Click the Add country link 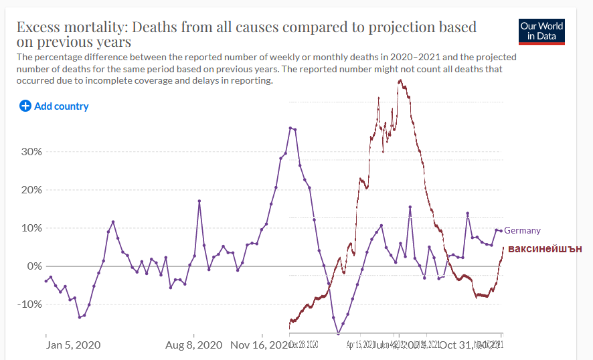point(61,106)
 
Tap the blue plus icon point(25,106)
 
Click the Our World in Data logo point(541,31)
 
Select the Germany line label point(522,230)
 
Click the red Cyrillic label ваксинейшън point(545,249)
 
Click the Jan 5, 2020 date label point(73,345)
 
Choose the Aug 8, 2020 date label point(194,345)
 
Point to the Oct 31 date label point(455,345)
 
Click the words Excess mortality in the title point(72,27)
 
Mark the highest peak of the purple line point(290,127)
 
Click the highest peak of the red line point(400,80)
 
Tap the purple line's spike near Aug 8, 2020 point(199,201)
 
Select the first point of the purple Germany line point(46,281)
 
